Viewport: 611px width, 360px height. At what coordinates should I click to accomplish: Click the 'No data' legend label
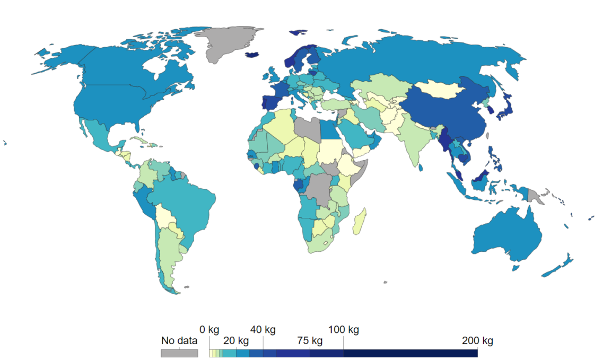(x=179, y=341)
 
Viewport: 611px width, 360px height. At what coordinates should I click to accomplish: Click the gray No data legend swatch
(x=179, y=353)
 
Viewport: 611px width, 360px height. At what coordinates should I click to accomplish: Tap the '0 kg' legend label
(x=210, y=330)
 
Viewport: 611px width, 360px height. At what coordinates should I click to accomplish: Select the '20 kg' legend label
(x=236, y=340)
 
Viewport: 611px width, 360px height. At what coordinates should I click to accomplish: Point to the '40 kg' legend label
(x=263, y=330)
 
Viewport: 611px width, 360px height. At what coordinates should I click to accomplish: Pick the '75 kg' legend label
(x=310, y=340)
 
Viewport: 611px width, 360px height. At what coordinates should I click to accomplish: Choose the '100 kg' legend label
(x=344, y=330)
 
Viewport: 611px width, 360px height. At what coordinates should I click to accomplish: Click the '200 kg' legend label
(x=477, y=340)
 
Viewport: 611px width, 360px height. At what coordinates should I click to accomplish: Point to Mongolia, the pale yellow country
(x=438, y=89)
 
